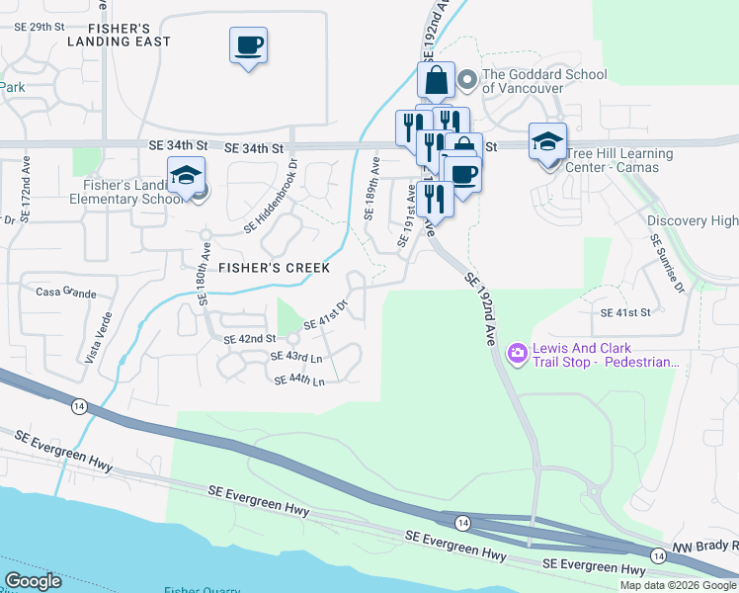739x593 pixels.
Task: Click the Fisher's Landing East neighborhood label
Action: pyautogui.click(x=119, y=33)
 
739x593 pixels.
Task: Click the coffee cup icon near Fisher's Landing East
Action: pyautogui.click(x=249, y=44)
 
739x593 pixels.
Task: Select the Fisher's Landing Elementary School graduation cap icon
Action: pyautogui.click(x=186, y=175)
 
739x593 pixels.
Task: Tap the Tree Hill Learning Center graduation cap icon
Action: pyautogui.click(x=547, y=141)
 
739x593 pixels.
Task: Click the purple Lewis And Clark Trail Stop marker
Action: pyautogui.click(x=516, y=352)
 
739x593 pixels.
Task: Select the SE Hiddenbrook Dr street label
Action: pyautogui.click(x=271, y=204)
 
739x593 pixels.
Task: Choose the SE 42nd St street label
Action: pyautogui.click(x=249, y=339)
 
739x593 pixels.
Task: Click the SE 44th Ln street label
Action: pyautogui.click(x=299, y=380)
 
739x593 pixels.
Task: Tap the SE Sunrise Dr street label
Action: pyautogui.click(x=667, y=262)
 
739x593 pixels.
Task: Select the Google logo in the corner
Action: pyautogui.click(x=34, y=581)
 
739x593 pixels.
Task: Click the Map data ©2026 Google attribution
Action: pyautogui.click(x=678, y=585)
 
